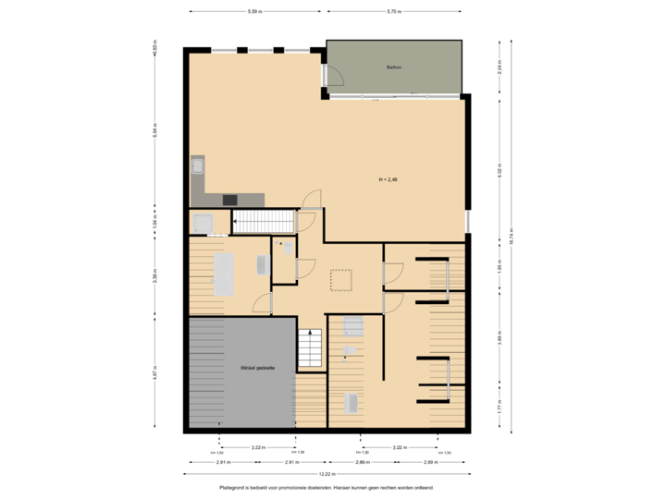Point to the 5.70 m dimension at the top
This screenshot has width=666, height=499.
pyautogui.click(x=393, y=12)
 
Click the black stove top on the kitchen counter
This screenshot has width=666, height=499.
pyautogui.click(x=228, y=199)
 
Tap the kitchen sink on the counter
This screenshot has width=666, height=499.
pyautogui.click(x=197, y=166)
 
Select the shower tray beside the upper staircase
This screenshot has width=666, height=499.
pyautogui.click(x=202, y=223)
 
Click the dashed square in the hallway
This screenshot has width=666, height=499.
pyautogui.click(x=340, y=279)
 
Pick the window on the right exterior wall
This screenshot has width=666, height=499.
pyautogui.click(x=468, y=222)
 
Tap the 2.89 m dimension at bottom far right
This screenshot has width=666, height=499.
pyautogui.click(x=430, y=460)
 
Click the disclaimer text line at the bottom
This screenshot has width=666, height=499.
pyautogui.click(x=327, y=487)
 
